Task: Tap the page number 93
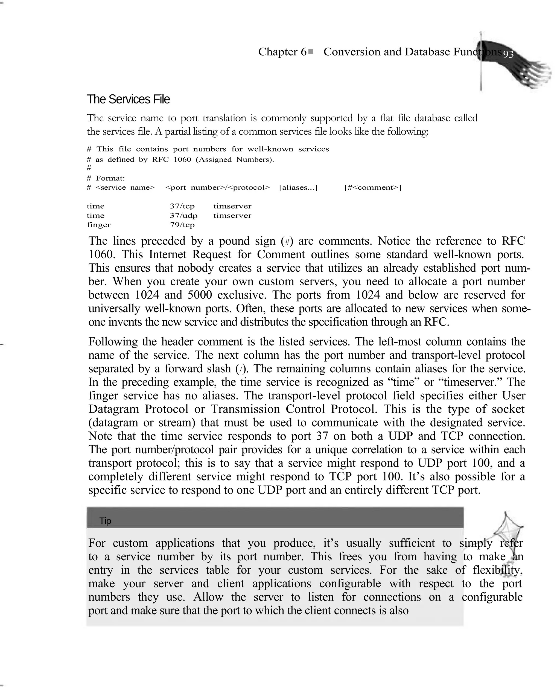pos(508,54)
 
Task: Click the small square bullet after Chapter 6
pos(311,51)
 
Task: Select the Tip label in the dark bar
pos(105,521)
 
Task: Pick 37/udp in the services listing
pos(183,215)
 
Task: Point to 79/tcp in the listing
pos(182,225)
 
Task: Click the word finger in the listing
pos(99,225)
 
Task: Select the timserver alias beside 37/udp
pos(232,215)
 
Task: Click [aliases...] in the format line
pos(298,187)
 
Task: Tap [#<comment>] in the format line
pos(373,187)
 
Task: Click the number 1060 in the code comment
pos(182,160)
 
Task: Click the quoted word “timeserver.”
pos(470,382)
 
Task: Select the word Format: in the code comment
pos(110,178)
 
